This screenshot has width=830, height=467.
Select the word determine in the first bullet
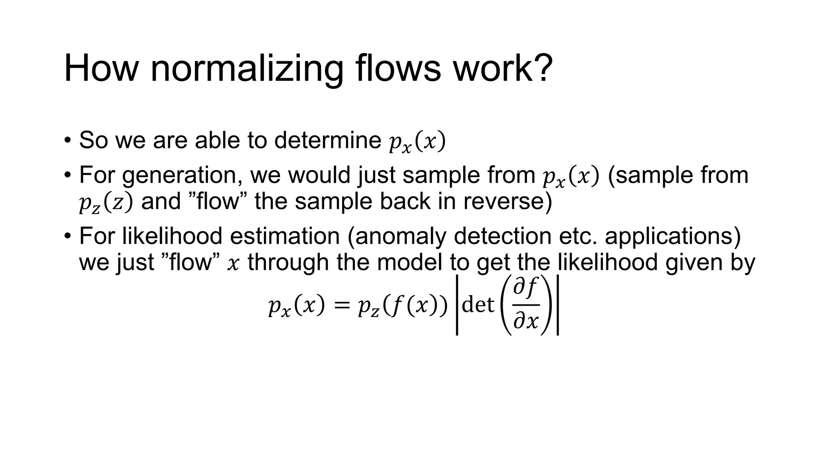click(327, 140)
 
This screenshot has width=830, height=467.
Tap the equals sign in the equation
click(341, 305)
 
